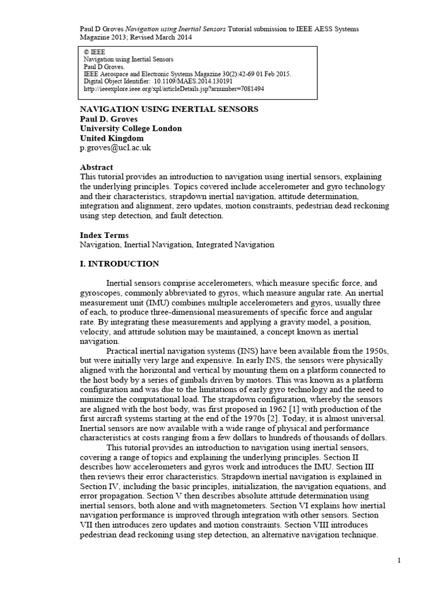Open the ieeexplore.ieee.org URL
(174, 89)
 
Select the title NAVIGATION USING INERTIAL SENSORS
(168, 109)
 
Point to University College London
(130, 128)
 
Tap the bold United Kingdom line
(112, 138)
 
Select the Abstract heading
(96, 167)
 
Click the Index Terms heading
(104, 235)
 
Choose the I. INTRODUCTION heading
(119, 264)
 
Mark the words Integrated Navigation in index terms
(235, 245)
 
